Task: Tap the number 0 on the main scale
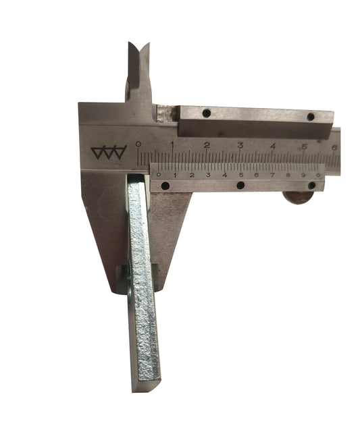pos(138,144)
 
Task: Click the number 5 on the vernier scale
pos(240,175)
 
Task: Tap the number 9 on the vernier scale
pos(305,175)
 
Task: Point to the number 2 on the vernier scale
pos(191,175)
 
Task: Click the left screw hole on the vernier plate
pos(165,186)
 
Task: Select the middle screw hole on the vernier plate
pos(240,185)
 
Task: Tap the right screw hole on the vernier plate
pos(311,184)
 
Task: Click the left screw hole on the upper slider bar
pos(207,113)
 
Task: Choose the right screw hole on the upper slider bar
pos(310,116)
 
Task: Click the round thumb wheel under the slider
pos(297,197)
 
